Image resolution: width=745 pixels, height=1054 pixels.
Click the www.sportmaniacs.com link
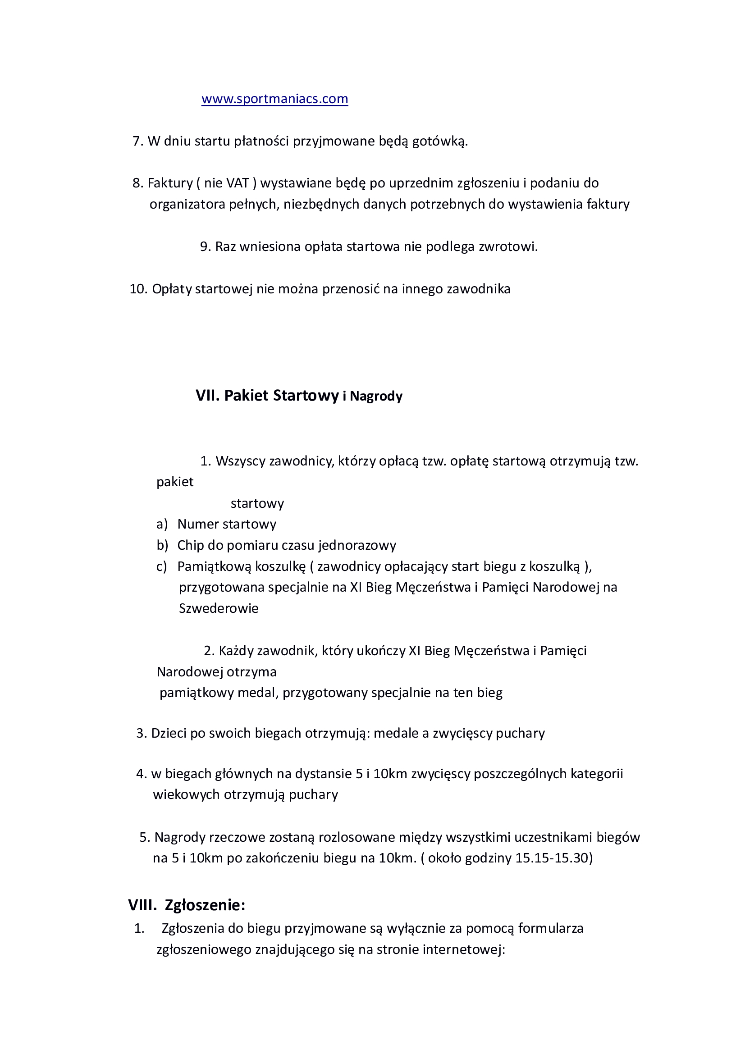pyautogui.click(x=274, y=99)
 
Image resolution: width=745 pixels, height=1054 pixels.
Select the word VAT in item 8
pyautogui.click(x=237, y=183)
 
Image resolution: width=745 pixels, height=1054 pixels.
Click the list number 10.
pyautogui.click(x=138, y=289)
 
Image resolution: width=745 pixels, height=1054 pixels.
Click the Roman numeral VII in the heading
pyautogui.click(x=207, y=396)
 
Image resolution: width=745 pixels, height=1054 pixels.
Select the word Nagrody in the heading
pyautogui.click(x=376, y=396)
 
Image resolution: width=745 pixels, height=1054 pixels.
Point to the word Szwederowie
pyautogui.click(x=219, y=609)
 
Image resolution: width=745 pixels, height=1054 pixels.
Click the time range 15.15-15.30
pyautogui.click(x=553, y=858)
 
